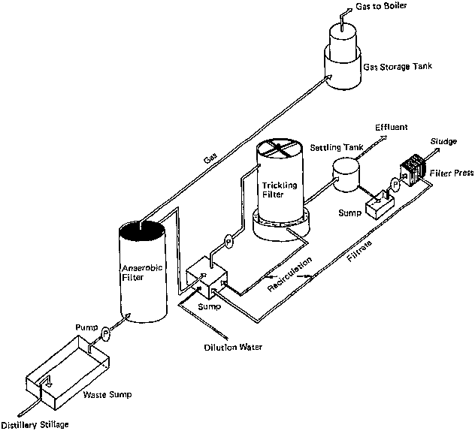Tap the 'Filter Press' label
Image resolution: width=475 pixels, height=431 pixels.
[x=452, y=173]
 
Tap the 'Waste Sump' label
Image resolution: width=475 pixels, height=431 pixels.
[x=98, y=390]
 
